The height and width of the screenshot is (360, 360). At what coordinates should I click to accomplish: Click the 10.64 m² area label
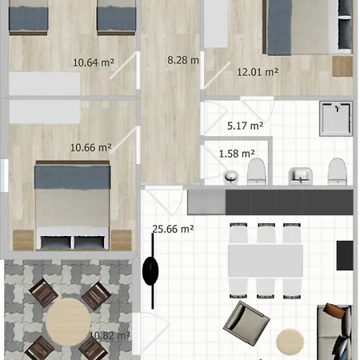pos(92,62)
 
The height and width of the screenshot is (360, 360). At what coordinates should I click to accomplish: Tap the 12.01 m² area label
pos(257,72)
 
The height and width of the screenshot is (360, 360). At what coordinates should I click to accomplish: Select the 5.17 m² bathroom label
pos(246,126)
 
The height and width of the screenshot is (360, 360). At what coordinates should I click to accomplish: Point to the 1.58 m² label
pos(237,153)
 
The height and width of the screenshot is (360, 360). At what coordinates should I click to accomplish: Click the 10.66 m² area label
pos(90,147)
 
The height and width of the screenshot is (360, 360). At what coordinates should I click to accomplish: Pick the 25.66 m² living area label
pos(174,229)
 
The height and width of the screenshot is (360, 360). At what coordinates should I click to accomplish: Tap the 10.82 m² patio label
pos(110,336)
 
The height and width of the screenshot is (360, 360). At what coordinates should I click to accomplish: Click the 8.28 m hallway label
pos(183,60)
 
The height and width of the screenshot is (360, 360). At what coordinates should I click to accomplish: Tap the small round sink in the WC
pos(231,176)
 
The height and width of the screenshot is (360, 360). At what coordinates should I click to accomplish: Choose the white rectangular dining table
pos(266,260)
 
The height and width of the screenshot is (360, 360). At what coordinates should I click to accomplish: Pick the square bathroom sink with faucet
pos(302,174)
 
